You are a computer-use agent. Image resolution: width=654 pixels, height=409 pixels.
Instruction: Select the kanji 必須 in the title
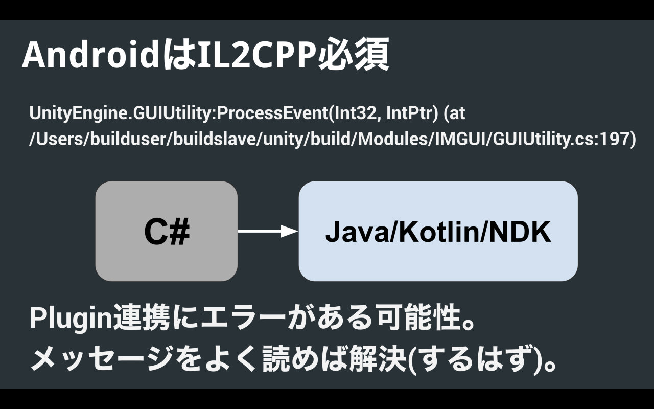pos(353,54)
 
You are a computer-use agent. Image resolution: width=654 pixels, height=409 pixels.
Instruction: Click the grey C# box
pos(167,231)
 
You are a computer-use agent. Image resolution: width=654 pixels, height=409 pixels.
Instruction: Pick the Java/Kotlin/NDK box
pos(438,231)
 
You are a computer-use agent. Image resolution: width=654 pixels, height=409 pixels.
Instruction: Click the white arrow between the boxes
pos(268,232)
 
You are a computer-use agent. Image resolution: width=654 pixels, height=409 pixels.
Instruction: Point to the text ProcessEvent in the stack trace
pos(272,113)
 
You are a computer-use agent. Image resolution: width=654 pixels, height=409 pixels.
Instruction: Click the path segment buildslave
pos(215,139)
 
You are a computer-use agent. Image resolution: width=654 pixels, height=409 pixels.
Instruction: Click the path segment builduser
pos(128,139)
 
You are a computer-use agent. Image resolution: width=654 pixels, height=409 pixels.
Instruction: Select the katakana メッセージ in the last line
pos(101,358)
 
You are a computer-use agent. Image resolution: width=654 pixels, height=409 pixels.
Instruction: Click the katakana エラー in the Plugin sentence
pos(242,318)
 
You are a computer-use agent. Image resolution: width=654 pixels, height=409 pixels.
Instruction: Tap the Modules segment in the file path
pos(393,139)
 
